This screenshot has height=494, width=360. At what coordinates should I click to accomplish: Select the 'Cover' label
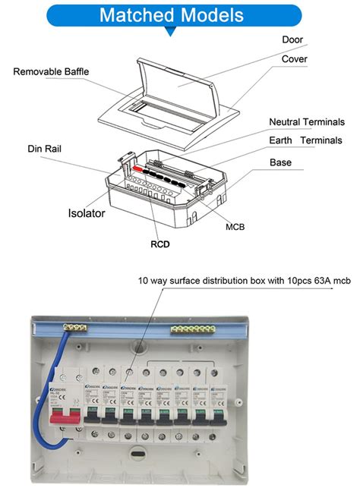295,59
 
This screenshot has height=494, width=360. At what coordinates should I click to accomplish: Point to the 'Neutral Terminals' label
307,122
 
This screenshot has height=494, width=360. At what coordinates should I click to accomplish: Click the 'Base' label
281,162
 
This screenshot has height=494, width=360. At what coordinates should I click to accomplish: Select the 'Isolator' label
87,213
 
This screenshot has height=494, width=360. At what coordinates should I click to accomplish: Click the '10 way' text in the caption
154,280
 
